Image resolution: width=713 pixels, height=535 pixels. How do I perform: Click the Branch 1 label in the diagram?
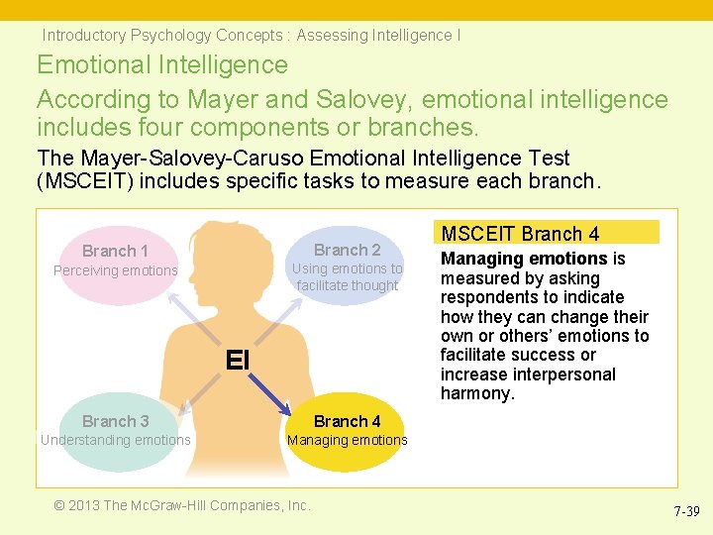pos(115,252)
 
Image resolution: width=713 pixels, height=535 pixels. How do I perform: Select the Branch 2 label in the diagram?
pos(347,250)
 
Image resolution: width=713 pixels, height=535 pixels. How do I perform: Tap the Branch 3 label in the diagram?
pos(115,421)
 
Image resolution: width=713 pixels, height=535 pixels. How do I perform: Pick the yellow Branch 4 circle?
pos(348,431)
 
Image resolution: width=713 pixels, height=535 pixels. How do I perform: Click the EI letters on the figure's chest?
pos(238,360)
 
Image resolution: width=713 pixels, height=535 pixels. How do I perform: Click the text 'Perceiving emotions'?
pos(115,270)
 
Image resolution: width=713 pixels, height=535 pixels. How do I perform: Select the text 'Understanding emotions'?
pos(115,440)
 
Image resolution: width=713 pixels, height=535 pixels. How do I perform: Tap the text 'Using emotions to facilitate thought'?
pos(347,276)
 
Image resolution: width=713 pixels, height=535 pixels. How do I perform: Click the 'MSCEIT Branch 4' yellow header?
pos(547,234)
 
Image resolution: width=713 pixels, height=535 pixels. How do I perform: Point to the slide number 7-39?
pos(686,511)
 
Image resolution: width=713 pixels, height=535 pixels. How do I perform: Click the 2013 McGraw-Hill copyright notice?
pos(182,505)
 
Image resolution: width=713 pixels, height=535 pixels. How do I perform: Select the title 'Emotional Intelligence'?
pos(162,65)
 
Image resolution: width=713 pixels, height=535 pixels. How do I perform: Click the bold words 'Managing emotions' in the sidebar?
pos(524,259)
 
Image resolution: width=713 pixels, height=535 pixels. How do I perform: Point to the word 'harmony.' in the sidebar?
pos(478,393)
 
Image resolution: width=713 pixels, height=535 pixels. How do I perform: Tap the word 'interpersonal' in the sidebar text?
pos(564,374)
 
